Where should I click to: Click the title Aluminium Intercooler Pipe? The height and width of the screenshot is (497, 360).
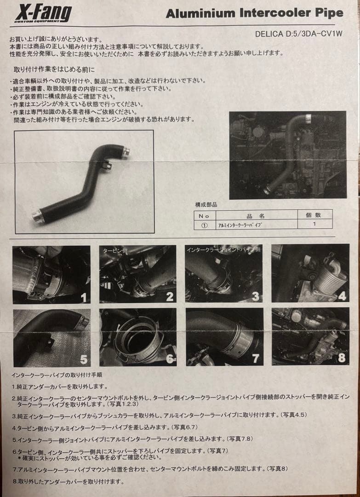tap(254, 13)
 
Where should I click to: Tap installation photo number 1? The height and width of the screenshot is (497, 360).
tap(51, 274)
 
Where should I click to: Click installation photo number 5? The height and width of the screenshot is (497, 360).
tap(51, 337)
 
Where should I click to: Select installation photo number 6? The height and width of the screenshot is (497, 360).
tap(137, 337)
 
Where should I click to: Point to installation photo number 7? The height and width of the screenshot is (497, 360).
tap(224, 337)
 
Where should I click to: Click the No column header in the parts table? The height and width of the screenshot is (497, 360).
tap(204, 215)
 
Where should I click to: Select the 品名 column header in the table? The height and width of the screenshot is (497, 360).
tap(259, 215)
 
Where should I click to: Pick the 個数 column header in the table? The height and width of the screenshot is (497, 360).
tap(314, 215)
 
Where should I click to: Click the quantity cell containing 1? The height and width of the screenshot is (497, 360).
tap(314, 224)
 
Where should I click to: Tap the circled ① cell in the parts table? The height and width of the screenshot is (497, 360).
tap(204, 225)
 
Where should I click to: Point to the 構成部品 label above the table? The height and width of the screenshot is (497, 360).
tap(206, 204)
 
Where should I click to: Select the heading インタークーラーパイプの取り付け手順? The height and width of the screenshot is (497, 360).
tap(57, 375)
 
